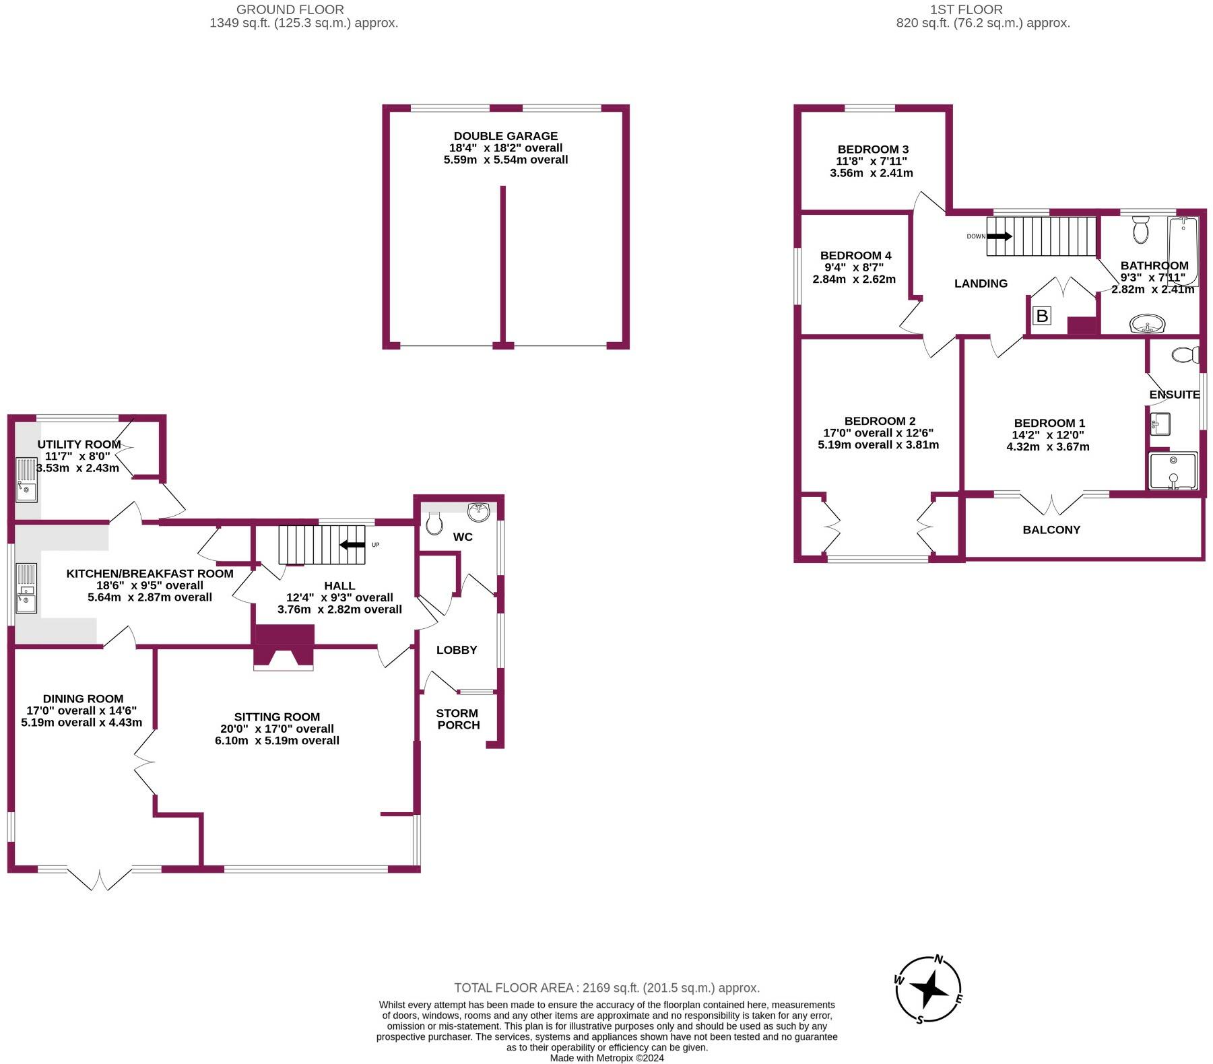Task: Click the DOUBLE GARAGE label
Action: click(505, 136)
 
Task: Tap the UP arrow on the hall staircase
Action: click(352, 544)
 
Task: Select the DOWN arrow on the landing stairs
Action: click(999, 236)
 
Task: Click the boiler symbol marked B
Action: click(1041, 315)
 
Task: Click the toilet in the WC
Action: click(434, 523)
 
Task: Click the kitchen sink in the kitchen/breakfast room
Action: click(26, 588)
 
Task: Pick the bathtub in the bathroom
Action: click(1183, 251)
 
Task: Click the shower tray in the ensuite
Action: click(1173, 471)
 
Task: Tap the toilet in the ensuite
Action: click(1185, 354)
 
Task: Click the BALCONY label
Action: click(1051, 530)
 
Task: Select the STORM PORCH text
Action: click(457, 719)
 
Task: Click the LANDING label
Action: click(981, 284)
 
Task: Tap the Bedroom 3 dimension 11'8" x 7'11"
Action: click(872, 161)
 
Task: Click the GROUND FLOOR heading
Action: click(290, 9)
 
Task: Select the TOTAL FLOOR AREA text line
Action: click(606, 988)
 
